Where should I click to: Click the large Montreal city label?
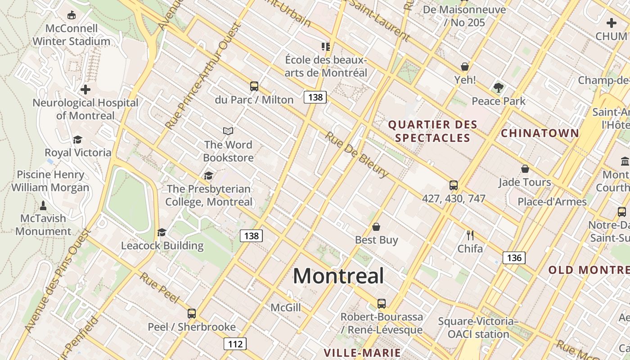click(x=338, y=276)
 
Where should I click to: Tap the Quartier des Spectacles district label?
click(x=433, y=131)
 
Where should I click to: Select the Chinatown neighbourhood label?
click(x=540, y=133)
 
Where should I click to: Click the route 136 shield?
click(x=514, y=258)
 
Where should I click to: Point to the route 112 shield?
click(x=235, y=344)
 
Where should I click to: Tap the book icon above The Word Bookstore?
click(x=228, y=131)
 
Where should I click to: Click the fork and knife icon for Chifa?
click(x=470, y=235)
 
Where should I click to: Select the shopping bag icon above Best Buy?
click(x=376, y=227)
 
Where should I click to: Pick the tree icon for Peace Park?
click(x=498, y=87)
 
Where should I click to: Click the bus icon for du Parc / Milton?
click(x=254, y=86)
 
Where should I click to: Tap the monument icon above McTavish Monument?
click(x=43, y=206)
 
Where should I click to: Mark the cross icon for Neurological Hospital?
click(x=85, y=90)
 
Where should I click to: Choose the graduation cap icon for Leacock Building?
click(x=162, y=232)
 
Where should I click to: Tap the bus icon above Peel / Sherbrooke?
click(x=192, y=313)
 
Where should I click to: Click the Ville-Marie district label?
click(x=362, y=352)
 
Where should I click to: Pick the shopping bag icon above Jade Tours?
click(x=525, y=169)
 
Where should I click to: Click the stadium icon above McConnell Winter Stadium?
click(x=72, y=15)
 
